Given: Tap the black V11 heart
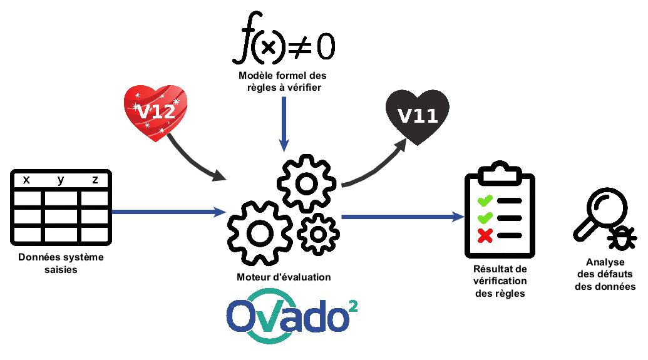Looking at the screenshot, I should [x=418, y=116].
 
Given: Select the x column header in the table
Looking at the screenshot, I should [x=26, y=180].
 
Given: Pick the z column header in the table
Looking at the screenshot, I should [x=95, y=180].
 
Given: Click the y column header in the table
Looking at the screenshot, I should [x=61, y=180].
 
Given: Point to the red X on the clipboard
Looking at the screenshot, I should [x=485, y=235].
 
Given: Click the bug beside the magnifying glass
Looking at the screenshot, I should [x=622, y=237].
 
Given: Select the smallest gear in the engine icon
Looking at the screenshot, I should [x=318, y=234].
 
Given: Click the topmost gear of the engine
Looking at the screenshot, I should [x=306, y=183].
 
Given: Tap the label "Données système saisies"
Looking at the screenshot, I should [x=61, y=264].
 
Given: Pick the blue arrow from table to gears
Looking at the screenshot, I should [x=169, y=212].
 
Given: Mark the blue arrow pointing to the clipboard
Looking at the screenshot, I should [x=401, y=217].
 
